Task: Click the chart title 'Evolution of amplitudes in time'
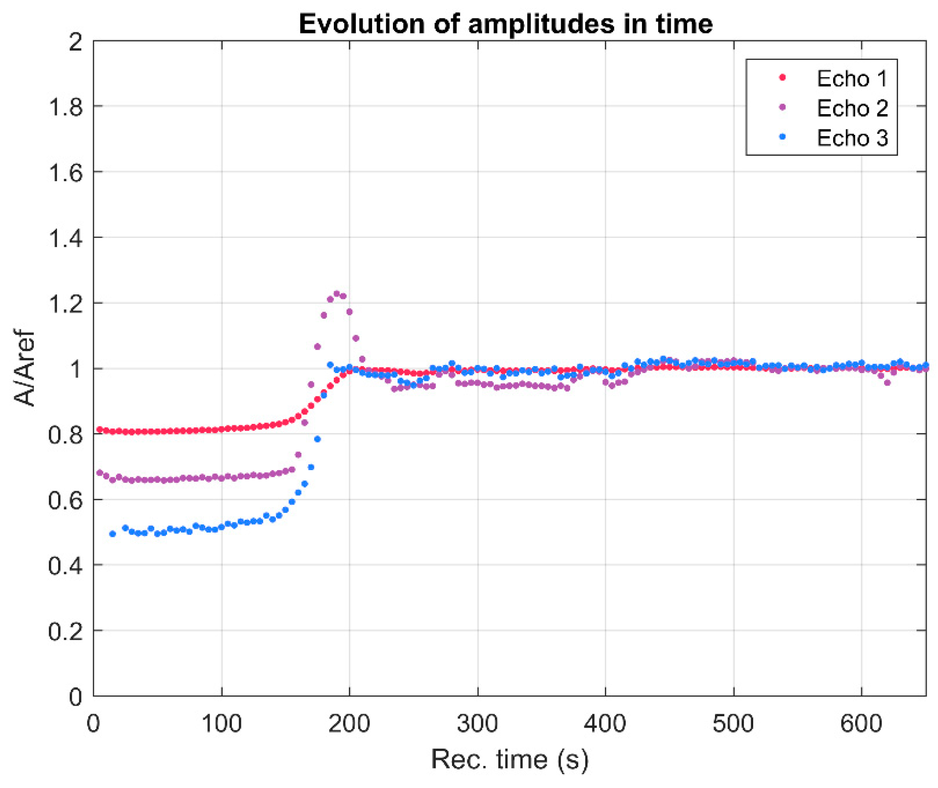(505, 24)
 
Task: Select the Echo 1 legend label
(852, 79)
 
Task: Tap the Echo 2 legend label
(852, 108)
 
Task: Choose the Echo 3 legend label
(852, 137)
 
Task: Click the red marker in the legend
(783, 77)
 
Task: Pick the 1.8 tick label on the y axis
(65, 107)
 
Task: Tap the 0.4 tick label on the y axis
(65, 566)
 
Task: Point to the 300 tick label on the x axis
(477, 723)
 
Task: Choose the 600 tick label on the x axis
(861, 723)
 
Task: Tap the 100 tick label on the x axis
(221, 723)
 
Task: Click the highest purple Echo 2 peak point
(336, 294)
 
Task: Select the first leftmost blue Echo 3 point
(113, 534)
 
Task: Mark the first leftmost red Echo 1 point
(100, 429)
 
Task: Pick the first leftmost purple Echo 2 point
(100, 473)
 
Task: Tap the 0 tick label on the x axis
(93, 723)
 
